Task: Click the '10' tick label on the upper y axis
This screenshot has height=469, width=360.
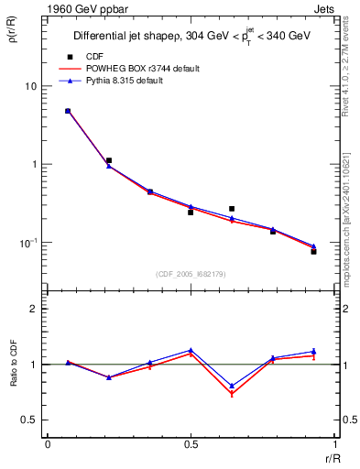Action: point(30,86)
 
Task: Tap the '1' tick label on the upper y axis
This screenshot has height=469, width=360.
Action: point(34,165)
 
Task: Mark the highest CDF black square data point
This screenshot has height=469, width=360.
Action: point(68,111)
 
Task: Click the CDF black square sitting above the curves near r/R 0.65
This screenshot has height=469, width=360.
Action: point(232,209)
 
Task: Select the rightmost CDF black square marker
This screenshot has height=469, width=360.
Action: point(313,251)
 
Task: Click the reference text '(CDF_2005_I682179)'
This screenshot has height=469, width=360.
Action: point(190,273)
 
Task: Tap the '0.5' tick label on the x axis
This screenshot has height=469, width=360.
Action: point(191,444)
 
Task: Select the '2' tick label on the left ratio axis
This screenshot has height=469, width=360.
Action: point(34,309)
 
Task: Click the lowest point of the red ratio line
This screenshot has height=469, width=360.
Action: point(232,395)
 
